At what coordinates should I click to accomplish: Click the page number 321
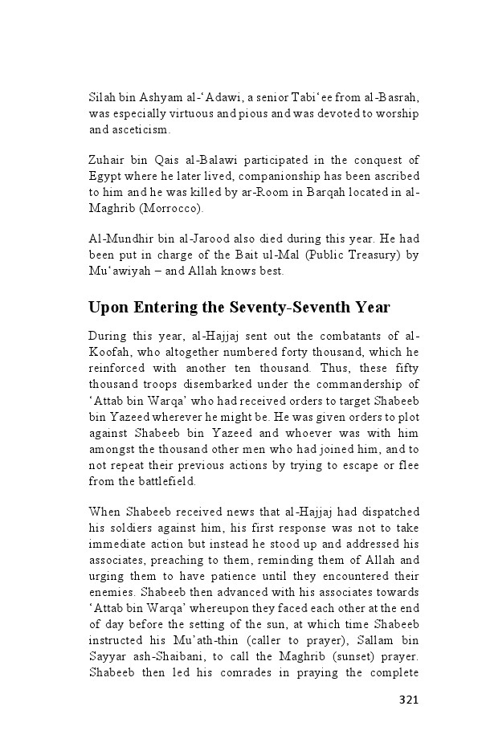[409, 700]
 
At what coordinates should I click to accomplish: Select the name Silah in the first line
[101, 97]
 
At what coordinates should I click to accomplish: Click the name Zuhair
[106, 160]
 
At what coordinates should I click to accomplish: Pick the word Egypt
[104, 176]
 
